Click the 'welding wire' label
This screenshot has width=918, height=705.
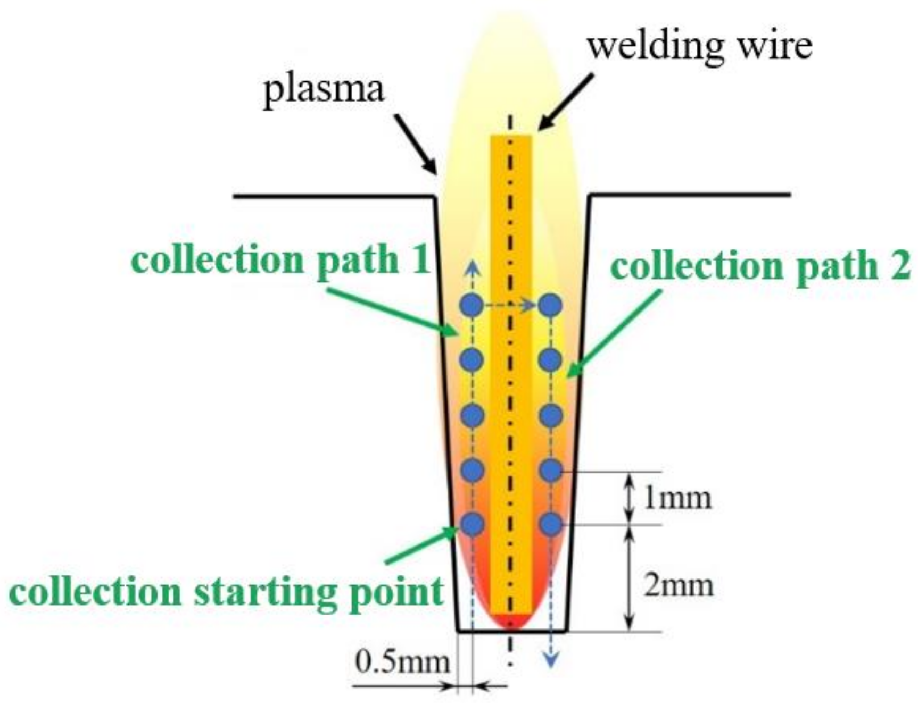point(699,46)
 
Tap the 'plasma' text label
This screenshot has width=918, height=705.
point(324,89)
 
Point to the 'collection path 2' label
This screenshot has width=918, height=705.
point(760,266)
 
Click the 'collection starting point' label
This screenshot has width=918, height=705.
point(227,592)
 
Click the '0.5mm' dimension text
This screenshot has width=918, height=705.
point(402,662)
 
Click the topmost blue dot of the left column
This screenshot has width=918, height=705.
point(472,305)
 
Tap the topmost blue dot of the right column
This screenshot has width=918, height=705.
point(550,305)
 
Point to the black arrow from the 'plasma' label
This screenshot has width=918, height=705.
point(416,144)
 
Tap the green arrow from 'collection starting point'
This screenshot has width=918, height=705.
point(420,545)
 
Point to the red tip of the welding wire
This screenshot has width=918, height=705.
point(511,621)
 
